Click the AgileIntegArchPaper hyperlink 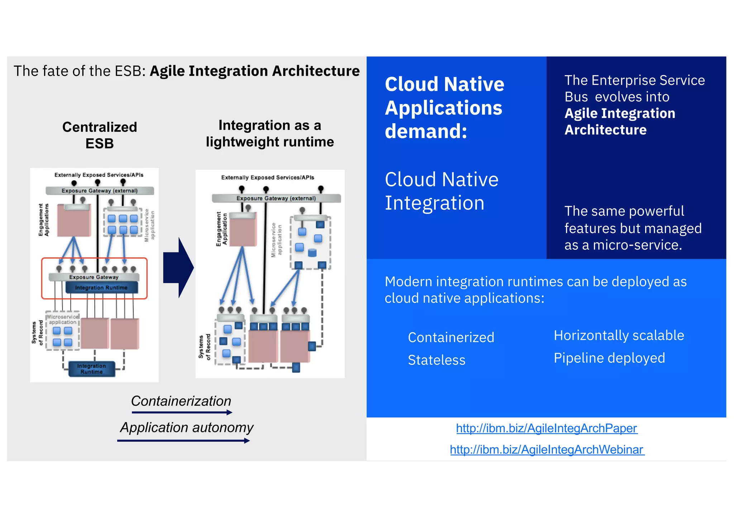547,428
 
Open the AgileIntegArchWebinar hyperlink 547,449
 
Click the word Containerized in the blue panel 451,338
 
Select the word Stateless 437,360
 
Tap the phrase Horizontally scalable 619,335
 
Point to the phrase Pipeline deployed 609,358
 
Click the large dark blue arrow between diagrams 178,268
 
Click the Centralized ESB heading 100,135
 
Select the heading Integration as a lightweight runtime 270,134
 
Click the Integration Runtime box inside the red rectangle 101,287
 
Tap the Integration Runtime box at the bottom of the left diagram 92,369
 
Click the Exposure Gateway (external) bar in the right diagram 276,198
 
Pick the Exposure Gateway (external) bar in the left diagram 99,191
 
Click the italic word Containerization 181,401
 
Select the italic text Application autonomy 186,428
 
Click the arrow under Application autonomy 183,441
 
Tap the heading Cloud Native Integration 441,191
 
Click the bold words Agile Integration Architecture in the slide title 254,71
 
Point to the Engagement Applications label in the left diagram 44,220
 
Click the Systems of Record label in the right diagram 204,347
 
